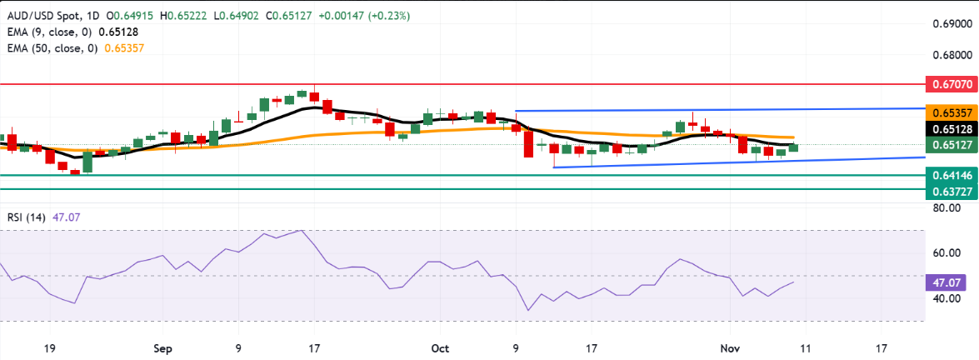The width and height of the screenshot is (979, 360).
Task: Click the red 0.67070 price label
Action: (x=951, y=85)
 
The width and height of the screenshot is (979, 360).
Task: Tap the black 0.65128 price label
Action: (x=951, y=128)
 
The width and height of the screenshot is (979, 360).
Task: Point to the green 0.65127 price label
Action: (x=951, y=145)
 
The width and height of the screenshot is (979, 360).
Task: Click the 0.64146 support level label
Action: (x=951, y=176)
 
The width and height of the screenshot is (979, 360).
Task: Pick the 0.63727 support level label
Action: (x=951, y=191)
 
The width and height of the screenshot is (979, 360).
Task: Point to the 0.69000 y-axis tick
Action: (x=951, y=24)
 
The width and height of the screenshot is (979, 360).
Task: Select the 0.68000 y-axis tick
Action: (x=951, y=56)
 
